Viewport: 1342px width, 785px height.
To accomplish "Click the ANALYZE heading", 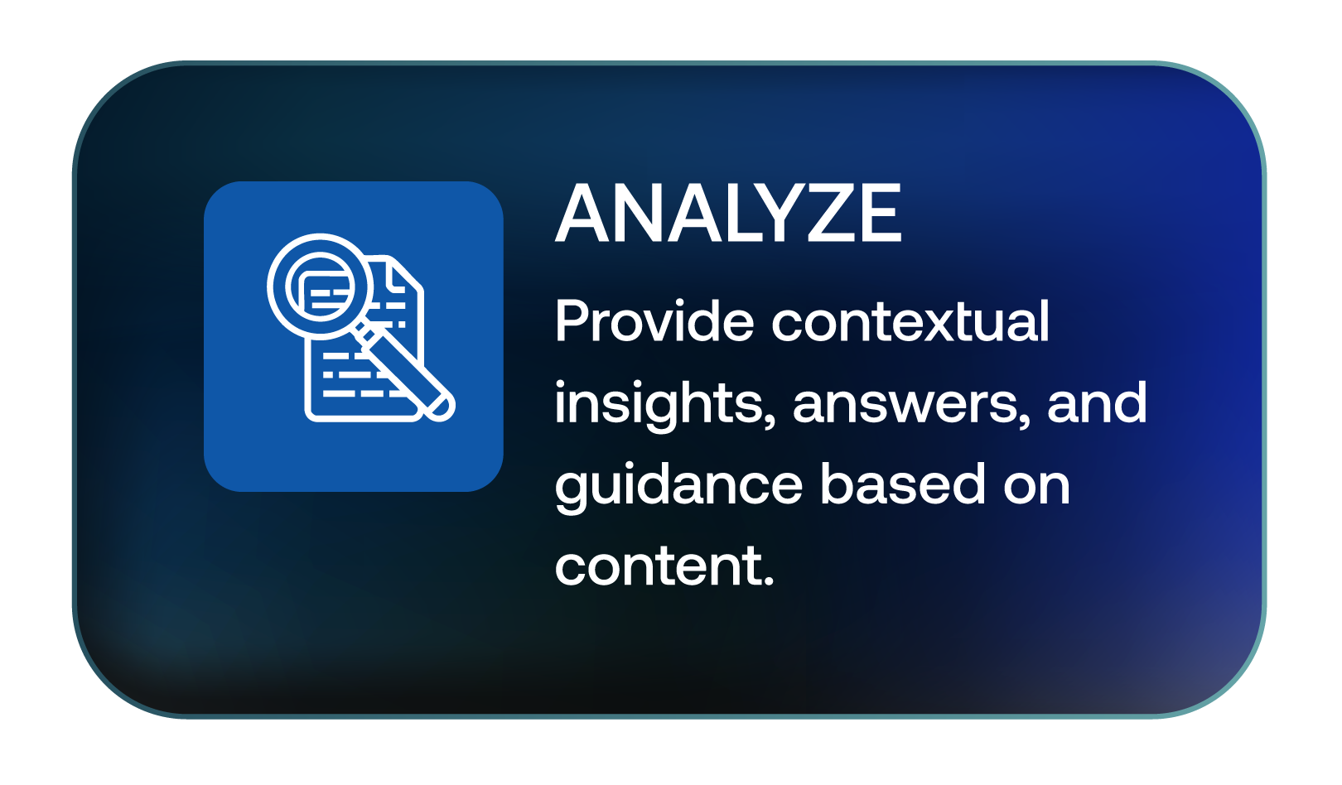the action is tap(728, 213).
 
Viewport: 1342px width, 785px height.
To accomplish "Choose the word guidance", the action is tap(678, 486).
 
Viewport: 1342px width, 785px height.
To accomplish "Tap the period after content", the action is tap(766, 580).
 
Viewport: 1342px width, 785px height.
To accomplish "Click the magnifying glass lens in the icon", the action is tap(320, 287).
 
